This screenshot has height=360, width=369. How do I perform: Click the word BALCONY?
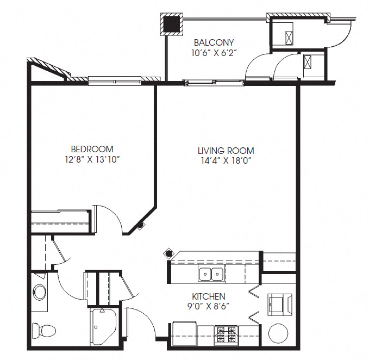click(214, 42)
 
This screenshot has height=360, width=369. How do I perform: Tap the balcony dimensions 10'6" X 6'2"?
click(214, 53)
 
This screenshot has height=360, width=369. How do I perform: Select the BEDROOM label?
click(92, 149)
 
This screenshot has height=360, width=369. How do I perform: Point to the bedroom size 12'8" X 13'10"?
click(92, 159)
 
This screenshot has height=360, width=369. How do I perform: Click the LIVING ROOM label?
click(226, 151)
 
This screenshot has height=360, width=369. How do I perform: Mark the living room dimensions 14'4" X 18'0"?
click(226, 161)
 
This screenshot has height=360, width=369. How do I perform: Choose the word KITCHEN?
click(209, 296)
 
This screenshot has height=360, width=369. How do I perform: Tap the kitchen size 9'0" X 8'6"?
click(209, 307)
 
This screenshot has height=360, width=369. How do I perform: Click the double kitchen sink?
click(211, 274)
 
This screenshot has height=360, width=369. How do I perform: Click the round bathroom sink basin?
click(40, 291)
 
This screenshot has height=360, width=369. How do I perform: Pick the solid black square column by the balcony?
click(172, 24)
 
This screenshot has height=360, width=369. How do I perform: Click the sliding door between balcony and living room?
click(214, 83)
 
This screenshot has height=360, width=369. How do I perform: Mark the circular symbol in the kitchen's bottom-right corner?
click(280, 332)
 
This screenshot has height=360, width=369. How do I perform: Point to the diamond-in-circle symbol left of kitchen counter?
click(168, 253)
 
